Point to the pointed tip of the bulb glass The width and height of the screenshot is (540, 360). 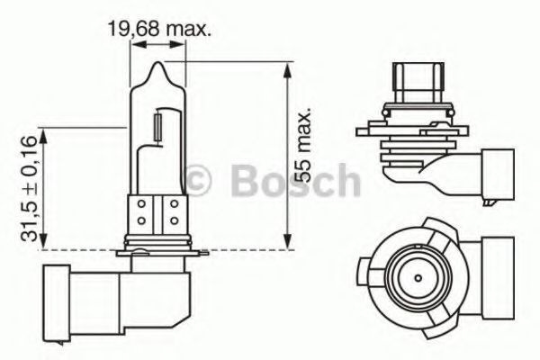pos(158,65)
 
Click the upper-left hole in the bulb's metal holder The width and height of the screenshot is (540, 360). pos(143,205)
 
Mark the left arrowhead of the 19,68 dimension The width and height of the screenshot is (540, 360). pos(133,51)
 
